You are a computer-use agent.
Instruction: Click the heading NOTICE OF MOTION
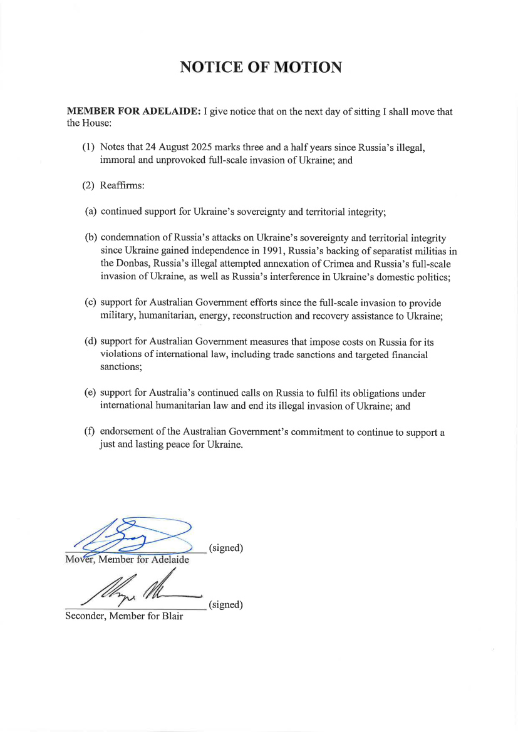261,68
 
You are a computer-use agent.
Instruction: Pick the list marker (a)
90,212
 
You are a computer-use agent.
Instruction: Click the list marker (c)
90,303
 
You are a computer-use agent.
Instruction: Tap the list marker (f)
90,432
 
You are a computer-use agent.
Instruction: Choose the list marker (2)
88,186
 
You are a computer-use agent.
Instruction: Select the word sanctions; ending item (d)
120,368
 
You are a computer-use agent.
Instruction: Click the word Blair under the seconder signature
170,616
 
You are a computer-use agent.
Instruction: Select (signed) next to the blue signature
225,549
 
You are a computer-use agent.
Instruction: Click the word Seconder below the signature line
86,616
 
